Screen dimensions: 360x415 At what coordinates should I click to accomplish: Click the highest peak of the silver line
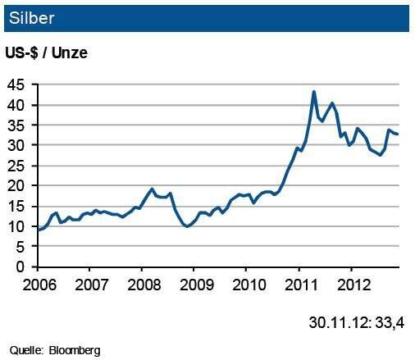(314, 92)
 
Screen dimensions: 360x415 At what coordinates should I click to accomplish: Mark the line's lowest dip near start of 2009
(188, 226)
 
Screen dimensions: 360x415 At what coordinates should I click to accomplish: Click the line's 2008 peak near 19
(152, 189)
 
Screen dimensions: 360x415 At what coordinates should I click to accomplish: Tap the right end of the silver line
(398, 134)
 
